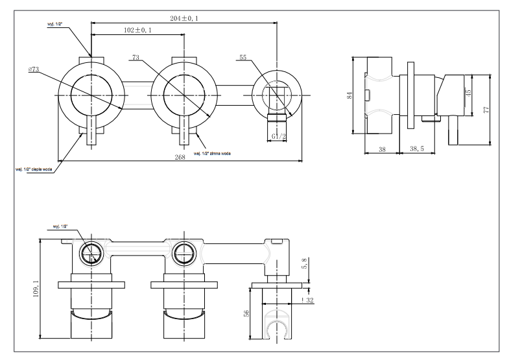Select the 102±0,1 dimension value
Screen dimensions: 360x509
pyautogui.click(x=137, y=30)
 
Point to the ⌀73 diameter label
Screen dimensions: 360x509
pyautogui.click(x=34, y=69)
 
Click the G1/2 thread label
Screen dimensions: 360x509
pyautogui.click(x=279, y=136)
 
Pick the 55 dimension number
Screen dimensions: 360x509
pyautogui.click(x=243, y=58)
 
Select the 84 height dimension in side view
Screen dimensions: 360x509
pyautogui.click(x=350, y=96)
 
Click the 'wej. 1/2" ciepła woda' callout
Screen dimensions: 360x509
pyautogui.click(x=34, y=169)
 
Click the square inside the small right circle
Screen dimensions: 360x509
pyautogui.click(x=277, y=96)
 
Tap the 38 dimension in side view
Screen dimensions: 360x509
pyautogui.click(x=381, y=149)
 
